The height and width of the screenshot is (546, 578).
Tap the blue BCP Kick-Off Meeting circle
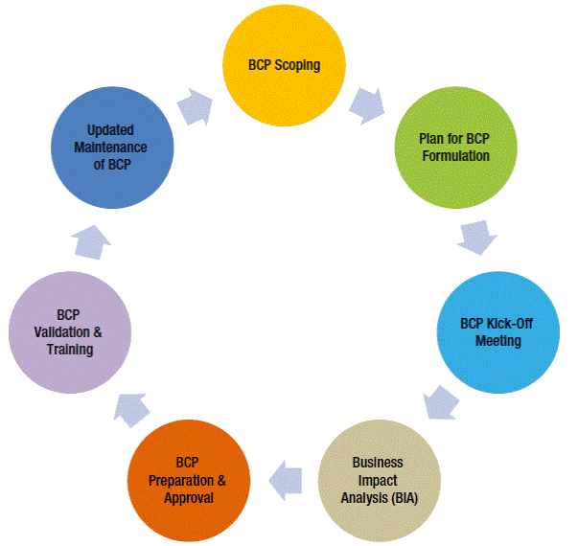(x=497, y=331)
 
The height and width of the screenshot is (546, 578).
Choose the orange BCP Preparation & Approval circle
(x=189, y=480)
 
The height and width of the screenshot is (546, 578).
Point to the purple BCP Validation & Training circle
(x=68, y=331)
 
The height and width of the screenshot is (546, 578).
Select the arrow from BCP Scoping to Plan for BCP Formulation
(x=367, y=102)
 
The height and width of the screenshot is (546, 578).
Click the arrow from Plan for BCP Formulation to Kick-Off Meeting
(x=476, y=237)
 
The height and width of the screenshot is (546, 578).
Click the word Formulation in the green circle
(x=454, y=155)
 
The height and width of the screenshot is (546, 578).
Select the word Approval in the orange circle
(x=189, y=498)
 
